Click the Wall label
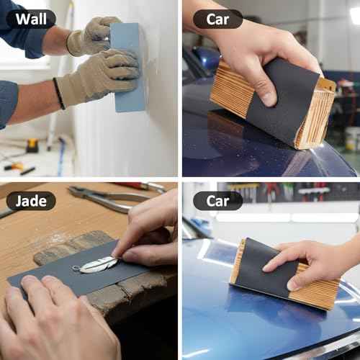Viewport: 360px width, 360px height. (31, 19)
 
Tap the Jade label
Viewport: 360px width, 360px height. (31, 200)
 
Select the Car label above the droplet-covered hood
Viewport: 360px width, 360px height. (217, 19)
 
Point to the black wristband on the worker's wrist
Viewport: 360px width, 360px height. (58, 94)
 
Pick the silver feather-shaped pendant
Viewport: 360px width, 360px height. (98, 264)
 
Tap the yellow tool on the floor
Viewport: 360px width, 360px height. (32, 145)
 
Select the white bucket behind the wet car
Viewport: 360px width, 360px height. (352, 138)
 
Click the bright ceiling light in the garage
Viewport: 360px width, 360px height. (354, 14)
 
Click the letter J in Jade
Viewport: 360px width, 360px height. (19, 200)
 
